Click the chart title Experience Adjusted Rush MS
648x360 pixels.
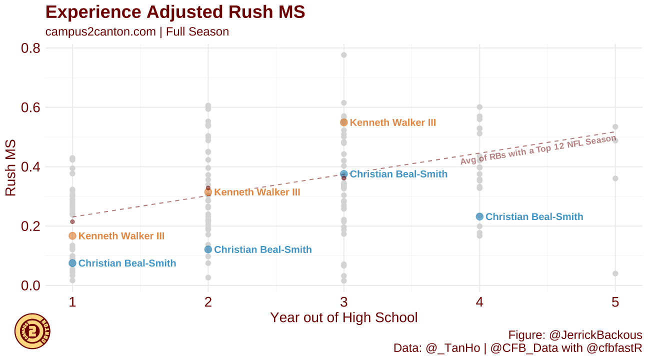pyautogui.click(x=175, y=12)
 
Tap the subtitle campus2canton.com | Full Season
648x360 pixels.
pyautogui.click(x=137, y=32)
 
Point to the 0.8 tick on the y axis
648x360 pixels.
pyautogui.click(x=30, y=48)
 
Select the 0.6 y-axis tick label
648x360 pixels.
pyautogui.click(x=30, y=107)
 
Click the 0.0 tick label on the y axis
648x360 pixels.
pyautogui.click(x=30, y=285)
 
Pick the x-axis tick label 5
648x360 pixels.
pyautogui.click(x=615, y=302)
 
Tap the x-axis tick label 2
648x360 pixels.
pyautogui.click(x=208, y=302)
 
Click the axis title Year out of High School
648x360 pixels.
pyautogui.click(x=343, y=317)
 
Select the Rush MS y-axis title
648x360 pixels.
pyautogui.click(x=10, y=167)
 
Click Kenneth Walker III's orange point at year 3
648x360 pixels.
pyautogui.click(x=344, y=122)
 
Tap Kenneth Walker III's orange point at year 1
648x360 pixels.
pyautogui.click(x=72, y=236)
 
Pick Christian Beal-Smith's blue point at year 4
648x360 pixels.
pyautogui.click(x=479, y=216)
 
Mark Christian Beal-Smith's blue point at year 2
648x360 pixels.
pyautogui.click(x=208, y=249)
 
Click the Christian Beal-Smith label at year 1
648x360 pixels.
pyautogui.click(x=127, y=263)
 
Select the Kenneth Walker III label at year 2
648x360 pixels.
pyautogui.click(x=257, y=192)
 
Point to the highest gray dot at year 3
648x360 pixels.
pyautogui.click(x=344, y=55)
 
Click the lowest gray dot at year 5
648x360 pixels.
pyautogui.click(x=615, y=273)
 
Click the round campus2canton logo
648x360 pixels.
pyautogui.click(x=32, y=331)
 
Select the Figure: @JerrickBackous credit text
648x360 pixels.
pyautogui.click(x=575, y=335)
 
